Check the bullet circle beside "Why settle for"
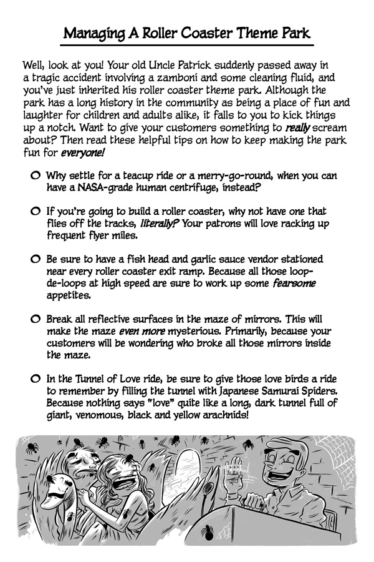37,176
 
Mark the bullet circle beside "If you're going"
37,212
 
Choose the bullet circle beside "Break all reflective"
37,319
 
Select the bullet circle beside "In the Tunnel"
37,379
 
